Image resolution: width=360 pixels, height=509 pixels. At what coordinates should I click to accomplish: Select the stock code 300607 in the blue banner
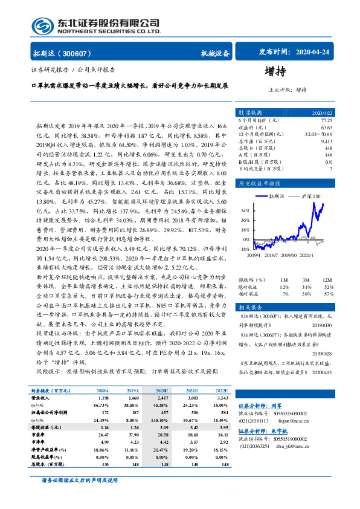(x=72, y=53)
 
